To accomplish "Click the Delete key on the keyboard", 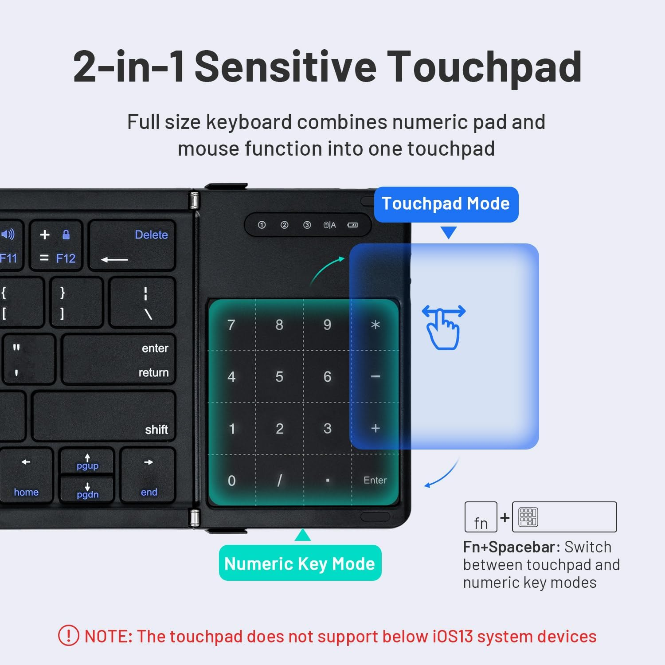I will [132, 246].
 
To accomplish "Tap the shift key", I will [105, 416].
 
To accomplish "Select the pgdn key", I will [87, 490].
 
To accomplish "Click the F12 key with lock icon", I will [56, 246].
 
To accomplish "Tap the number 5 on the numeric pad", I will [279, 377].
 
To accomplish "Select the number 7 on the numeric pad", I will [231, 325].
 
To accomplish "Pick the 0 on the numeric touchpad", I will [231, 481].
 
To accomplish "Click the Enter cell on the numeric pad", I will [375, 480].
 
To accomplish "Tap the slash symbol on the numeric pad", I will [279, 481].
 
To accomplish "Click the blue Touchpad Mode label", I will [446, 204].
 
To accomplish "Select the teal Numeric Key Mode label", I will [300, 563].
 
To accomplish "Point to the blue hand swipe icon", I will [444, 327].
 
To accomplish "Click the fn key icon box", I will [481, 517].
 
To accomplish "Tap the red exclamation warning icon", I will [69, 636].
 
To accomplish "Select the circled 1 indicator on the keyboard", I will [262, 225].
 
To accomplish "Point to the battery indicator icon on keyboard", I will [352, 225].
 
